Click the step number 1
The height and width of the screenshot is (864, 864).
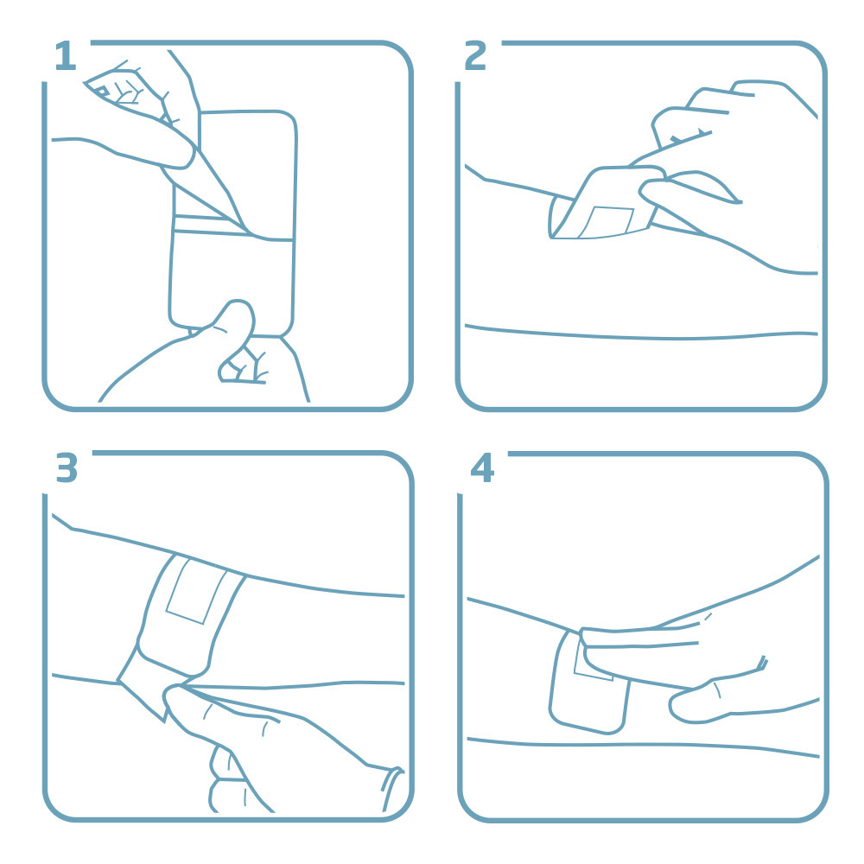click(x=65, y=57)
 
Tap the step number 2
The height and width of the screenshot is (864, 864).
click(x=476, y=57)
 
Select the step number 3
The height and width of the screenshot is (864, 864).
click(x=67, y=468)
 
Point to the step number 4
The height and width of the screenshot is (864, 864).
click(x=481, y=468)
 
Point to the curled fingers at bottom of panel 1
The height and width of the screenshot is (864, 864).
click(x=242, y=367)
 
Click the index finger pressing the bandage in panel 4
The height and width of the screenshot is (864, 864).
click(x=639, y=639)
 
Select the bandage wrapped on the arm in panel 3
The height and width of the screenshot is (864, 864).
click(x=186, y=613)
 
